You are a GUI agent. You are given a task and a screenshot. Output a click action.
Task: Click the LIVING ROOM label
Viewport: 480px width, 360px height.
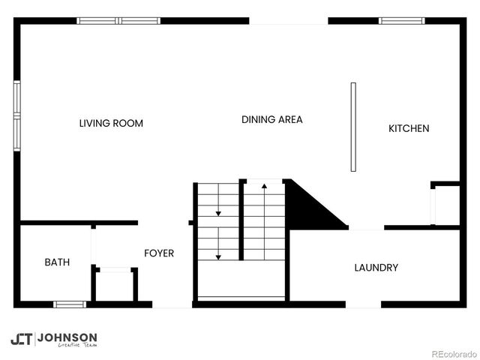click(x=111, y=123)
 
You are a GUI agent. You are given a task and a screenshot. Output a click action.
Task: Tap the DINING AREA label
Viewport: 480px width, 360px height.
click(x=271, y=119)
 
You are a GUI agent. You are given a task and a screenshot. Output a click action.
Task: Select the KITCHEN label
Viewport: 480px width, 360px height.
click(x=409, y=128)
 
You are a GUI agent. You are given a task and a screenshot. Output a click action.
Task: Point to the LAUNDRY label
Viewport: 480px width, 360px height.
click(x=376, y=268)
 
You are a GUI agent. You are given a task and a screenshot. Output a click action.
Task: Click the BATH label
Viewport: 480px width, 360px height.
click(x=57, y=262)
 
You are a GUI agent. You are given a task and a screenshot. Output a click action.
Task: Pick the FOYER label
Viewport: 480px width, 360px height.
click(x=159, y=253)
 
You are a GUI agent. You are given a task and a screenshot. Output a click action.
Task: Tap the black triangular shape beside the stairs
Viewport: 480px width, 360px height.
click(x=307, y=206)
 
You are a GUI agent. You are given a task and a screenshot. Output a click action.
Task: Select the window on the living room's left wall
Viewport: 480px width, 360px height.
click(x=17, y=116)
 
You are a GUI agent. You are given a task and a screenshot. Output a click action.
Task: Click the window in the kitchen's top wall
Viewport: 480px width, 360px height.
click(x=401, y=21)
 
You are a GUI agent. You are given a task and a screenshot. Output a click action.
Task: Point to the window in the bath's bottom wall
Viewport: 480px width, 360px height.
click(x=70, y=304)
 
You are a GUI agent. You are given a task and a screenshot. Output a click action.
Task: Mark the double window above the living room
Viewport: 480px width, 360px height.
click(x=119, y=21)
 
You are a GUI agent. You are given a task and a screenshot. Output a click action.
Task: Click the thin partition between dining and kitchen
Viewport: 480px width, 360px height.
click(x=352, y=127)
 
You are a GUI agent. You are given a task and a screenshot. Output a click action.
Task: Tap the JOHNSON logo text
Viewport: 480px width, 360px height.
click(x=67, y=337)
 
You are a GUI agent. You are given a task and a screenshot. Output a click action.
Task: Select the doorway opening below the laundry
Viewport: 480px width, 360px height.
click(x=364, y=304)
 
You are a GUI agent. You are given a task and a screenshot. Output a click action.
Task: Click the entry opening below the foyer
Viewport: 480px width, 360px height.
click(x=172, y=304)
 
